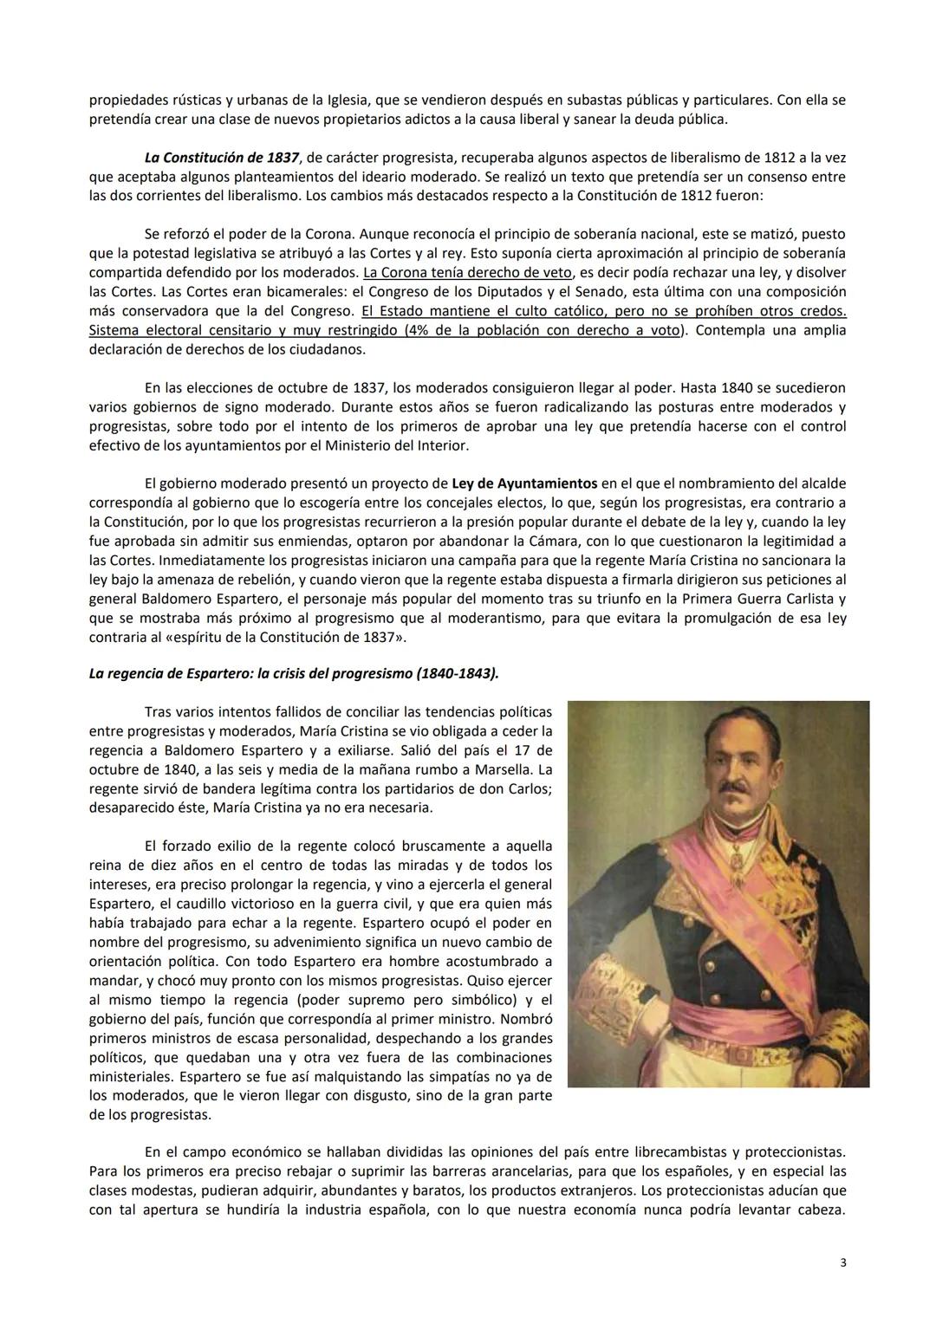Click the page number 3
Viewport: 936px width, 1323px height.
pyautogui.click(x=842, y=1262)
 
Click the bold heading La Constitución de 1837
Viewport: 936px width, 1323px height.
pyautogui.click(x=222, y=158)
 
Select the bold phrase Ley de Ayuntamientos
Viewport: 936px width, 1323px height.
pyautogui.click(x=524, y=483)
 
